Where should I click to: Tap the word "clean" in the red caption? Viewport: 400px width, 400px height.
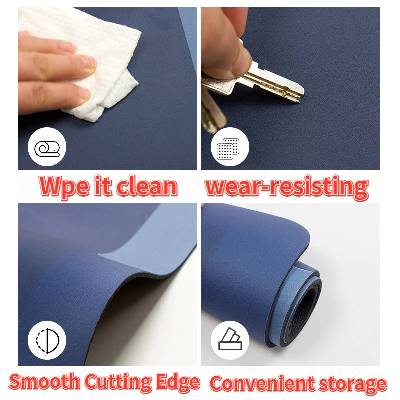[x=147, y=185]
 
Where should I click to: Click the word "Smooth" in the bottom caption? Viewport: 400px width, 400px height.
[x=44, y=381]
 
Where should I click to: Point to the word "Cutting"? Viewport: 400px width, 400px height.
[x=118, y=382]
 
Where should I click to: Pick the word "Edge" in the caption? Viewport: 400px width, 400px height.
[x=178, y=382]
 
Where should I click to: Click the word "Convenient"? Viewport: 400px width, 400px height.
[x=262, y=383]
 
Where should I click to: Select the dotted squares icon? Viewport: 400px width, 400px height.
[x=228, y=148]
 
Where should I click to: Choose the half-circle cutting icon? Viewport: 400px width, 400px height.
[x=47, y=341]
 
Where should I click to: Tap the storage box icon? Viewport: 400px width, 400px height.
[x=230, y=339]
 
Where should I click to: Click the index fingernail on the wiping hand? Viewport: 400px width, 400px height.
[x=88, y=62]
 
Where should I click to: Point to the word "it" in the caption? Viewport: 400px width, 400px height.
[x=103, y=185]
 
